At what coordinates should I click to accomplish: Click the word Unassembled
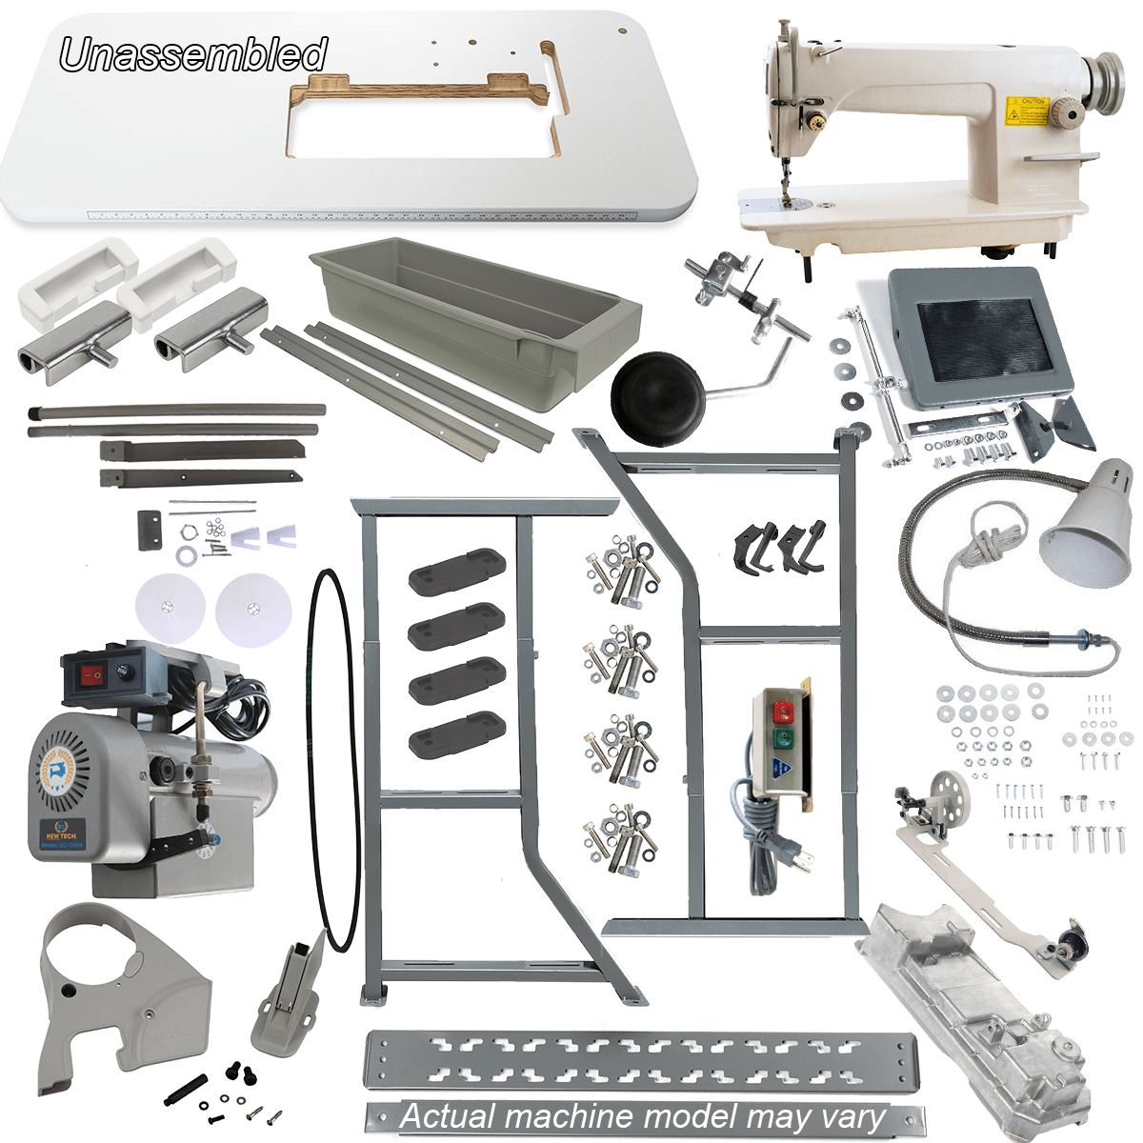pos(193,54)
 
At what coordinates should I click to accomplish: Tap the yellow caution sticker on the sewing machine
pos(1026,110)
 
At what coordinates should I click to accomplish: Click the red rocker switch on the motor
pos(91,675)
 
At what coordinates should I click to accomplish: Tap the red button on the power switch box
pos(784,710)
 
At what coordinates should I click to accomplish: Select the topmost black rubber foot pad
pos(456,571)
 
